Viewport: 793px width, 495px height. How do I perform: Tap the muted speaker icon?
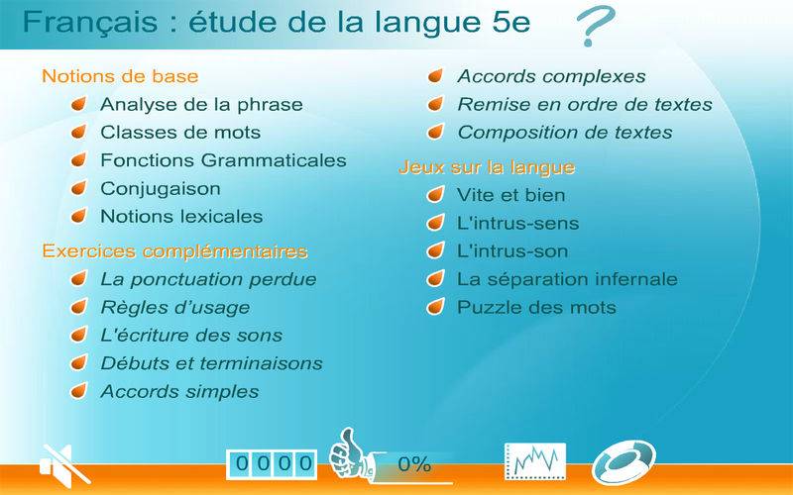(64, 464)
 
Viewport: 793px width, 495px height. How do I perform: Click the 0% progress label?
(414, 464)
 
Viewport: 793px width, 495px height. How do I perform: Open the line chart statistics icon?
(535, 461)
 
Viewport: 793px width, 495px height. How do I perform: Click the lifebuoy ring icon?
(623, 461)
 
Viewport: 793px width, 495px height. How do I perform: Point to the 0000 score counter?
(272, 464)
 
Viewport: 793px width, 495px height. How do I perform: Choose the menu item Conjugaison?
(161, 188)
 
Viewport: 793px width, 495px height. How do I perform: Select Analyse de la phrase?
(201, 104)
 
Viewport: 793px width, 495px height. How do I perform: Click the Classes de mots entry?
(180, 133)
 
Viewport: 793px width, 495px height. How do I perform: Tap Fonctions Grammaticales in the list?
(223, 160)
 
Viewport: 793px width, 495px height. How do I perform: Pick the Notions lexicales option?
(181, 216)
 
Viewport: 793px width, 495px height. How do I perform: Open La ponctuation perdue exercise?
(208, 279)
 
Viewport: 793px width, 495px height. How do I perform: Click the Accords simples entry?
(179, 391)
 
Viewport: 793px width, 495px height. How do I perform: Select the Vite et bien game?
(510, 195)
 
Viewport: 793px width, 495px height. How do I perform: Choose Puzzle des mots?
(536, 307)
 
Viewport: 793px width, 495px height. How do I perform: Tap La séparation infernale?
(567, 279)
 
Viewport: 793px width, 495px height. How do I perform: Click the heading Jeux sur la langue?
(487, 167)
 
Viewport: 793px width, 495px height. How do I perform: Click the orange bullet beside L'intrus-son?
(435, 250)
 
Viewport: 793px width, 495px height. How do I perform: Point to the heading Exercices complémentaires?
(175, 251)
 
